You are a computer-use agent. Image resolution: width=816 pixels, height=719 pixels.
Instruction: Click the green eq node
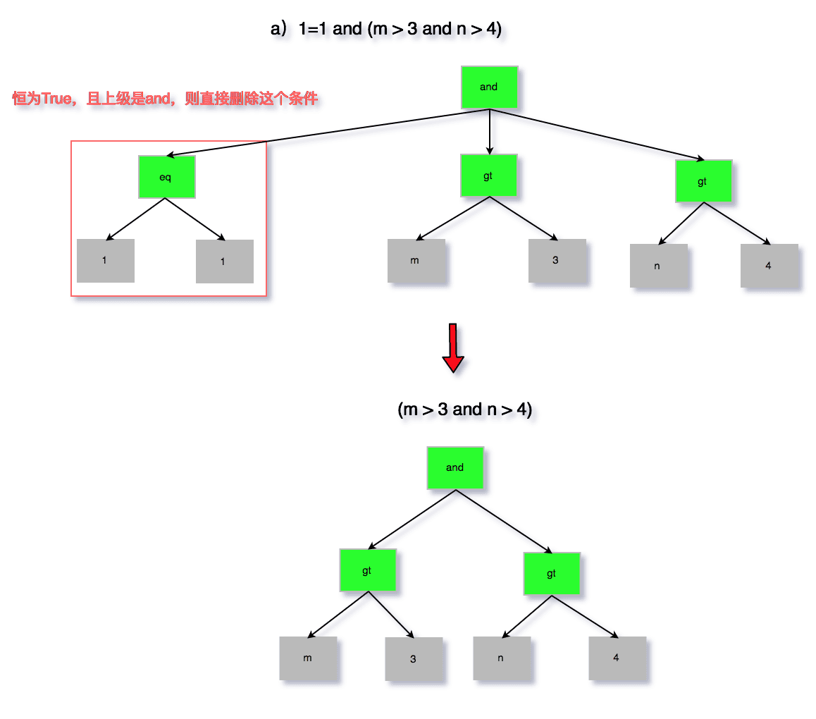166,177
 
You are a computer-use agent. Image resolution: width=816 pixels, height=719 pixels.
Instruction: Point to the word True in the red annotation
57,99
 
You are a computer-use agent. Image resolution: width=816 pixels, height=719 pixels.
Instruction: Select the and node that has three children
489,87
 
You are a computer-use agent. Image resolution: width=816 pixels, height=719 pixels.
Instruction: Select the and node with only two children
455,467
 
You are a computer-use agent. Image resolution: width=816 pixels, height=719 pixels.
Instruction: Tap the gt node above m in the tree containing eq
488,176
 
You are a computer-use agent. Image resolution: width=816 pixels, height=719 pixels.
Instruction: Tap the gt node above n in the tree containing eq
703,181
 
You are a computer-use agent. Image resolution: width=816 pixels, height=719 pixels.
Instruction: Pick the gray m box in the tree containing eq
416,261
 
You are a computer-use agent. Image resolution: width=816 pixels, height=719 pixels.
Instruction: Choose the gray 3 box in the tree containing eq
557,261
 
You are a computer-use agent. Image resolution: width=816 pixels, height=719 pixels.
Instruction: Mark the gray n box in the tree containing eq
658,266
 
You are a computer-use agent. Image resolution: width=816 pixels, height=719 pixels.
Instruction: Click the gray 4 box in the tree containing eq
769,266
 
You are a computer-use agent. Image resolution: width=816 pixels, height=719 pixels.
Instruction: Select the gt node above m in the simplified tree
367,570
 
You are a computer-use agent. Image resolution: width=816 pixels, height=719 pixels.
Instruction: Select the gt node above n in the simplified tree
552,574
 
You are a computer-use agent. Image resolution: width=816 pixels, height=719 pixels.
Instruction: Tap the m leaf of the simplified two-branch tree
308,658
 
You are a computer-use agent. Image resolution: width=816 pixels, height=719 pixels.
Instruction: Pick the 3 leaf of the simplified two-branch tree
414,660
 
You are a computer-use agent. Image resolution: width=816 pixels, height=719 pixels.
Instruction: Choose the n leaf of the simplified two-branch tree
501,658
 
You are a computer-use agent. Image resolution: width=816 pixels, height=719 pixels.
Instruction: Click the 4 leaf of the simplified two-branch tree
617,658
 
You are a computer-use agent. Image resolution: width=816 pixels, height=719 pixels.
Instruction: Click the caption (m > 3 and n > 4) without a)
464,410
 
